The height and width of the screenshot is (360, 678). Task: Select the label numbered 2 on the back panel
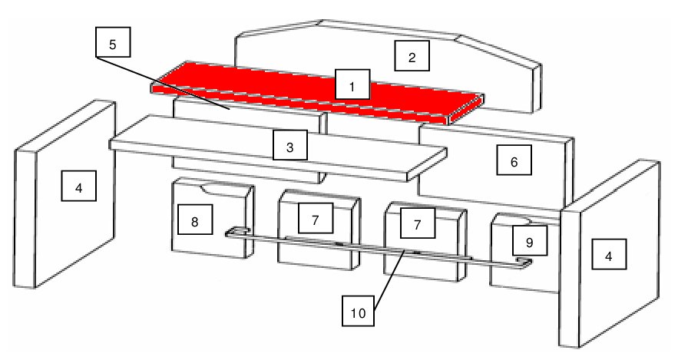pos(412,56)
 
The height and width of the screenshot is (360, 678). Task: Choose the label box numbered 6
pos(514,160)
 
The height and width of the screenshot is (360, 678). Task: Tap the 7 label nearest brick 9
pos(417,223)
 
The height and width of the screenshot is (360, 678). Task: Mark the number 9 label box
pos(530,240)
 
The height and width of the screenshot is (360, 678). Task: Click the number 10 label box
pos(358,311)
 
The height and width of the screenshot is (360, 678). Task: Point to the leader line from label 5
pos(163,83)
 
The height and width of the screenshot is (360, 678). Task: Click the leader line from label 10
pos(389,280)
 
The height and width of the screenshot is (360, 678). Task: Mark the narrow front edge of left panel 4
pos(25,219)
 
